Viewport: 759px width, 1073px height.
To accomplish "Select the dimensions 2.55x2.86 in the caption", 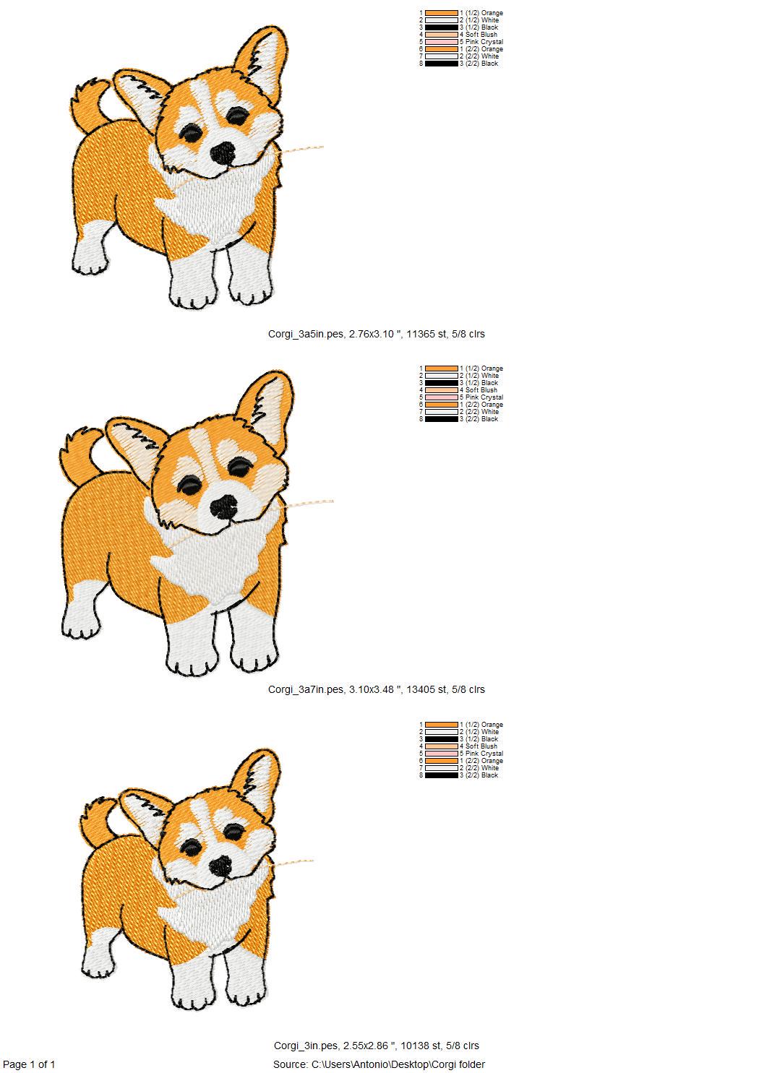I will click(369, 1046).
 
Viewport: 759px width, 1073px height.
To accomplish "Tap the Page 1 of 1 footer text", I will click(30, 1064).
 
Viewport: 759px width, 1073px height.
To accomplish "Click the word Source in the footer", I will click(291, 1064).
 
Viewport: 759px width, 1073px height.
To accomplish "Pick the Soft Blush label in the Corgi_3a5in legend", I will click(481, 35).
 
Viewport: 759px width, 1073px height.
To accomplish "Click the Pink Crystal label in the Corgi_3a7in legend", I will click(484, 397).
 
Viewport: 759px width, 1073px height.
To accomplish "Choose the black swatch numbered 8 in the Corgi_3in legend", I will click(441, 775).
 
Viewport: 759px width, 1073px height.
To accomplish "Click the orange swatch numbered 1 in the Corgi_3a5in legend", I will click(441, 13).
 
